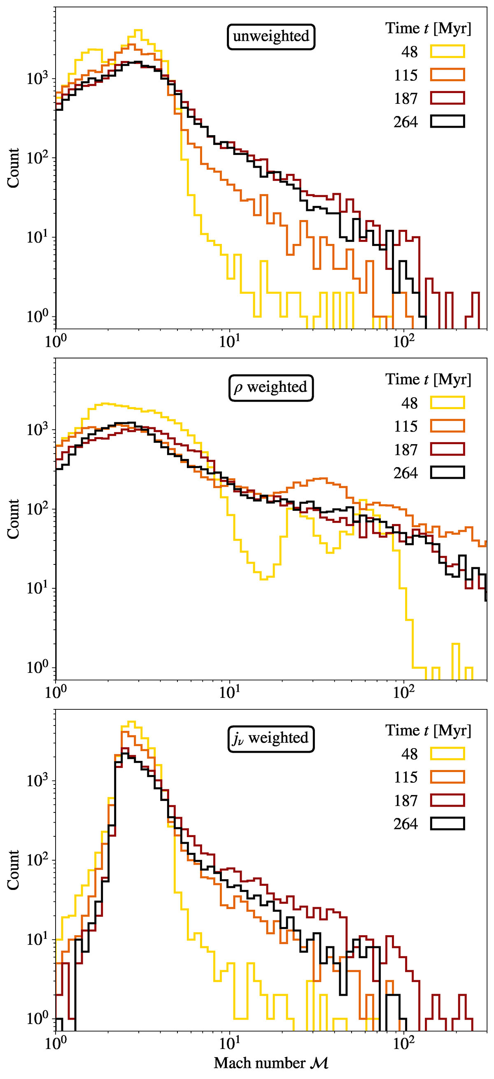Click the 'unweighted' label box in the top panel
(x=271, y=36)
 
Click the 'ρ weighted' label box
(x=271, y=387)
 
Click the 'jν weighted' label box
(x=271, y=738)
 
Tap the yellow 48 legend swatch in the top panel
(x=447, y=51)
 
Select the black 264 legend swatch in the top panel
(x=447, y=122)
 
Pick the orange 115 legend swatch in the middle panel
(x=447, y=426)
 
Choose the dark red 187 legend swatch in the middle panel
(x=447, y=449)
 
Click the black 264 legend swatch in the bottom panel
(x=447, y=824)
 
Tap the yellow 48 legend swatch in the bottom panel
(x=447, y=754)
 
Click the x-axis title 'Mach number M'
(x=271, y=1062)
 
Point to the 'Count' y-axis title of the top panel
(x=14, y=168)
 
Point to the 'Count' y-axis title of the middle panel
(x=14, y=519)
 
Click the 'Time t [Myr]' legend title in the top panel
(x=428, y=28)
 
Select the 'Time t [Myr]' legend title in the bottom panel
(x=428, y=730)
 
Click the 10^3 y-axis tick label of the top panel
(x=37, y=78)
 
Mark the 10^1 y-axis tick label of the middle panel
(x=37, y=587)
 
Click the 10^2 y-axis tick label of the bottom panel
(x=37, y=859)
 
